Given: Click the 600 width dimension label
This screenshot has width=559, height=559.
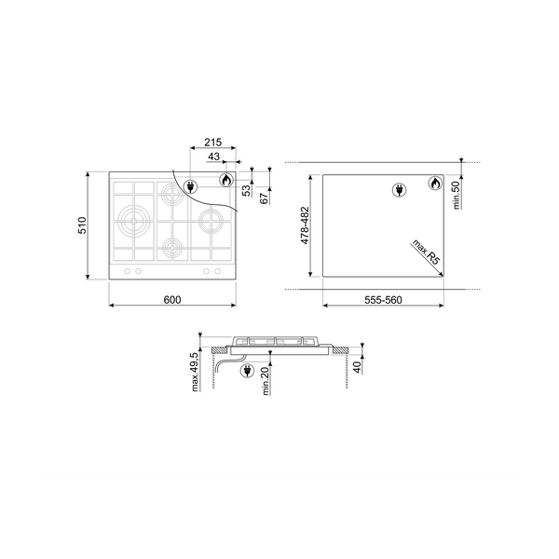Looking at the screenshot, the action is point(172,300).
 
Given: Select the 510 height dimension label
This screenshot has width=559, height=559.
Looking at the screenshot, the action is point(82,225).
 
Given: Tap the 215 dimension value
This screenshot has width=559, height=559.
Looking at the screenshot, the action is point(212,143).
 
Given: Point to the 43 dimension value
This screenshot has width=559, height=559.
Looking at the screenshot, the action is point(214,157).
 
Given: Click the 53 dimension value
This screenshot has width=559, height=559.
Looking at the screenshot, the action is point(246,191).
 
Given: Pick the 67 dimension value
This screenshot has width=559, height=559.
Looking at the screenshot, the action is point(265,198).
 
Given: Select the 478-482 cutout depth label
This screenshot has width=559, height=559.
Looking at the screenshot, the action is point(306,225).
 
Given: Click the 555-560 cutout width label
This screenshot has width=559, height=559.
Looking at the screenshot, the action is point(383,300).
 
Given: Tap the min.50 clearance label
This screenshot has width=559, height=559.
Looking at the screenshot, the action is point(457,195).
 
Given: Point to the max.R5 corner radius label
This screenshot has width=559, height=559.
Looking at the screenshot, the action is point(427,252).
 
